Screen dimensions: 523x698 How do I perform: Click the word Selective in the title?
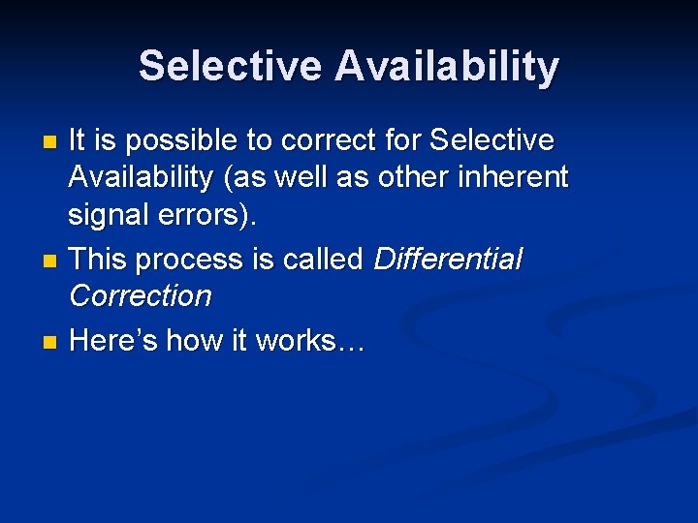point(230,67)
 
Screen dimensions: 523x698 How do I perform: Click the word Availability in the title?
point(447,67)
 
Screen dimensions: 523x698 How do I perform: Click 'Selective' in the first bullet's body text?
point(492,141)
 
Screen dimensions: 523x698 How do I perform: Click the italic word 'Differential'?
point(448,260)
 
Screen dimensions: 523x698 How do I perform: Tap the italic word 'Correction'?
point(141,296)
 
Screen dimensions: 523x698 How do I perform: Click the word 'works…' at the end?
point(309,341)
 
